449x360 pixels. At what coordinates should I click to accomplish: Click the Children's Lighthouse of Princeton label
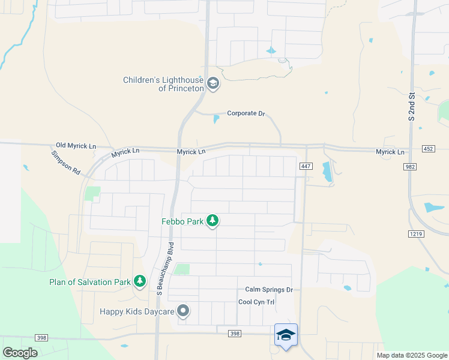click(x=163, y=84)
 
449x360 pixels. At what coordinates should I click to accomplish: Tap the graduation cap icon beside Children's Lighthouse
click(x=213, y=84)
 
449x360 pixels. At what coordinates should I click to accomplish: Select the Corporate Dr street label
click(x=246, y=113)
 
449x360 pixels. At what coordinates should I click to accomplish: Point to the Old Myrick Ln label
click(x=76, y=146)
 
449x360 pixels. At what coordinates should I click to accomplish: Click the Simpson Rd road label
click(x=65, y=162)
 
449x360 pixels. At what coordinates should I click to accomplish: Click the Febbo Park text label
click(x=182, y=221)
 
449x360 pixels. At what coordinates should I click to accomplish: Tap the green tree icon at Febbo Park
click(x=212, y=221)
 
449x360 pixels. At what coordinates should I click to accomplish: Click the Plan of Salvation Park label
click(x=90, y=281)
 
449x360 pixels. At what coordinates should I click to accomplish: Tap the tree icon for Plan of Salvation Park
click(x=140, y=281)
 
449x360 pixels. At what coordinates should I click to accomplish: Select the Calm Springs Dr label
click(x=268, y=290)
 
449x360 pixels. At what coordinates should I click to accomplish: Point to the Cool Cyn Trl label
click(x=256, y=302)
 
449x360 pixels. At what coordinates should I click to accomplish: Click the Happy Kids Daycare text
click(x=137, y=311)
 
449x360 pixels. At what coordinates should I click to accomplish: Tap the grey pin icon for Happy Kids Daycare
click(x=184, y=311)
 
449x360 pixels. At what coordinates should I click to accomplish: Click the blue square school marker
click(x=286, y=335)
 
